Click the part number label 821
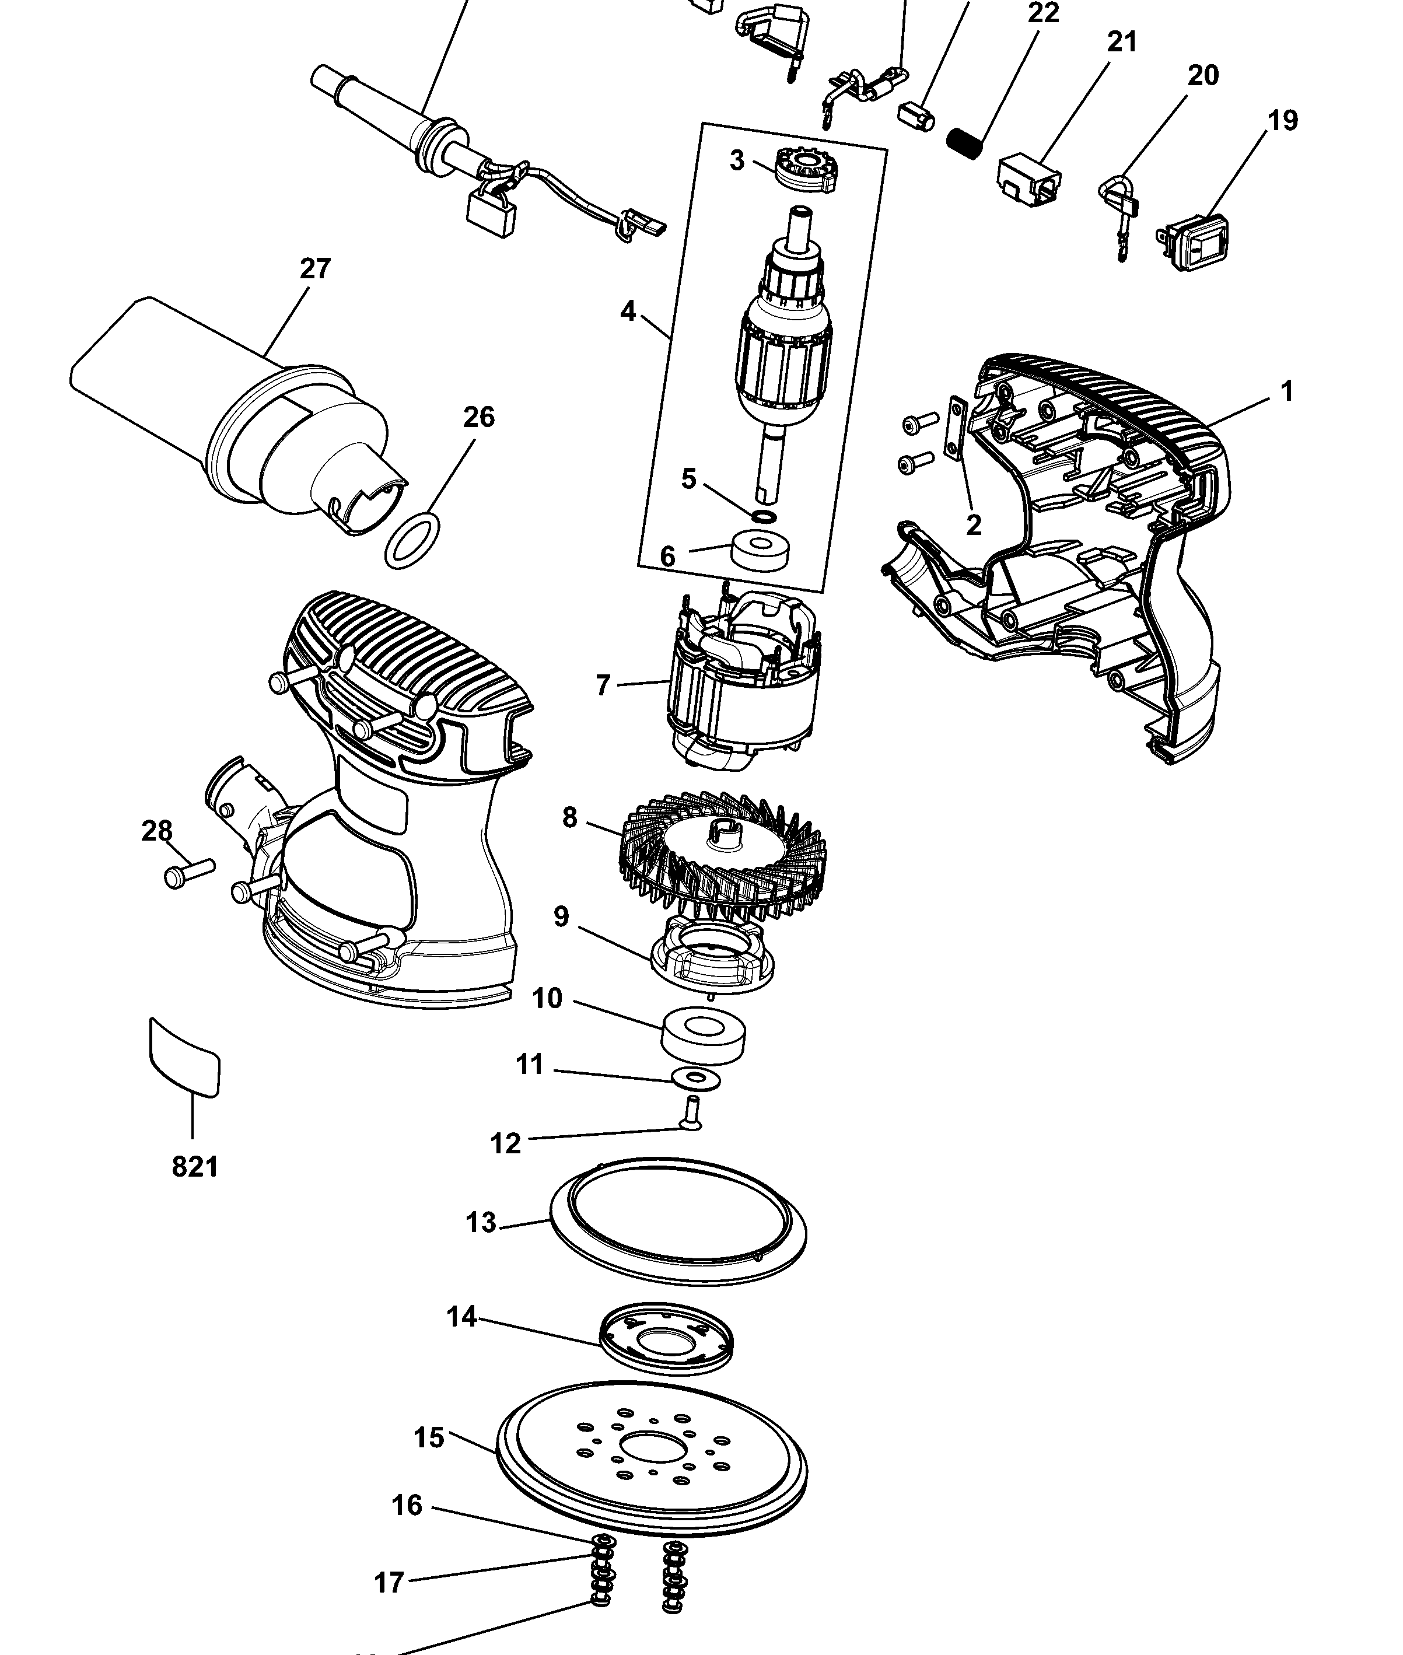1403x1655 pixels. coord(195,1167)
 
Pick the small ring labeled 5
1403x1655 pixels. coord(764,517)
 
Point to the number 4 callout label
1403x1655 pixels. coord(628,312)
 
